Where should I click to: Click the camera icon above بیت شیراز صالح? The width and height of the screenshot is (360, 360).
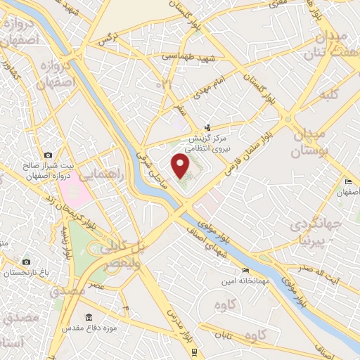48,155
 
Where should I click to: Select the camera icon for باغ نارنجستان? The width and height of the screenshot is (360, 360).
26,262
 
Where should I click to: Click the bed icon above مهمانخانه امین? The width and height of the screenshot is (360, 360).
245,271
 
